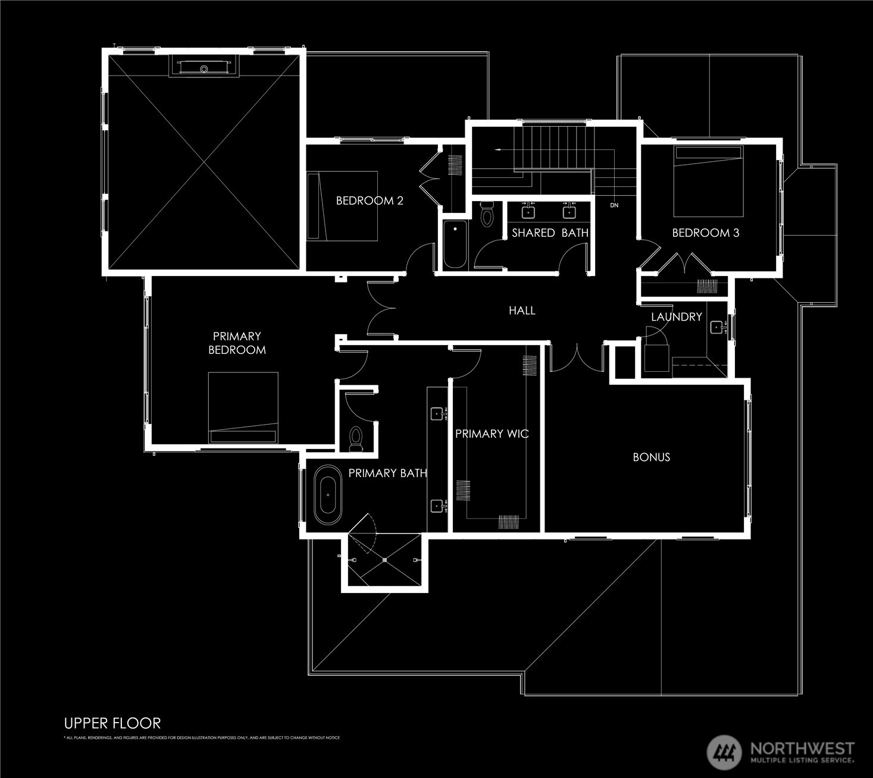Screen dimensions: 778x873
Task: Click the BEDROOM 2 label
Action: (x=370, y=200)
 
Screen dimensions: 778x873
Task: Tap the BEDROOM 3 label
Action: (x=705, y=233)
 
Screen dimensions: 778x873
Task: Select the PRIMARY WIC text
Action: (x=492, y=434)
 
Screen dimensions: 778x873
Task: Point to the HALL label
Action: (x=522, y=310)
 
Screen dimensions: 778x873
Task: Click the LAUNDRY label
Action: (x=676, y=316)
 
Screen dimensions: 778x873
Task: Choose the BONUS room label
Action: (x=651, y=457)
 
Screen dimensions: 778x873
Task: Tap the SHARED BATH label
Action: (x=550, y=233)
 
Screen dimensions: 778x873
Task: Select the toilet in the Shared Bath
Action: (x=487, y=215)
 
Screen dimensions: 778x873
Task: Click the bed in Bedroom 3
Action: (x=708, y=181)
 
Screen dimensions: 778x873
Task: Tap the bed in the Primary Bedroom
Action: (x=243, y=407)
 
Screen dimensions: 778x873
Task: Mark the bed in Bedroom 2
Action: (x=342, y=206)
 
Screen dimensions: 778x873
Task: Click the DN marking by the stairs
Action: (x=614, y=205)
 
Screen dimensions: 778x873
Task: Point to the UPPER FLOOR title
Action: (x=112, y=723)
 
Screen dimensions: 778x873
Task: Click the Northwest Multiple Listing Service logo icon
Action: (x=724, y=752)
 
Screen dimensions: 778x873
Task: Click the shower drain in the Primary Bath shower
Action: (x=385, y=560)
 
